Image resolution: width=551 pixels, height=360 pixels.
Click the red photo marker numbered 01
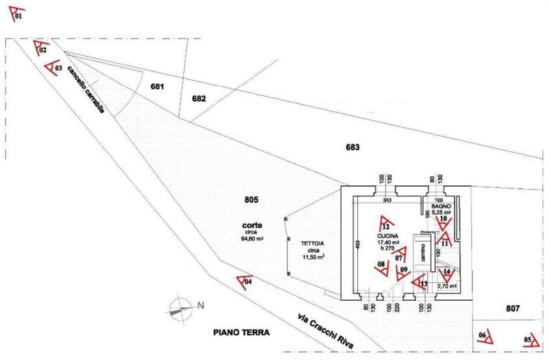(15, 11)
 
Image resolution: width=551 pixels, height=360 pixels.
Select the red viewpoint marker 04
(244, 280)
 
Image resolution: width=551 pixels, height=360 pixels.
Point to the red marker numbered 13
(419, 281)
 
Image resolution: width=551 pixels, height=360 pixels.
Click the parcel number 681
(157, 87)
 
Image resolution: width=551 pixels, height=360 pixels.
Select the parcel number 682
(199, 98)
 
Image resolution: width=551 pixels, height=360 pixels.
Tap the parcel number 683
(353, 147)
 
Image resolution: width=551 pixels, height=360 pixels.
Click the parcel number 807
(512, 309)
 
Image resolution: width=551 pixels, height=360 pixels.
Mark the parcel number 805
(251, 200)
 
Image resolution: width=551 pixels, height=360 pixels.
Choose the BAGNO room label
(441, 207)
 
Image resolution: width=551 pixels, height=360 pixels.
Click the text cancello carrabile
(89, 94)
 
